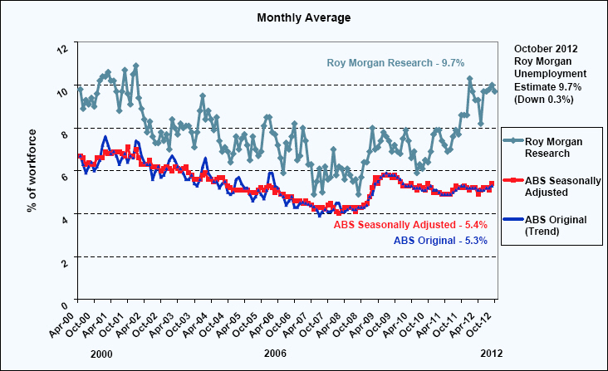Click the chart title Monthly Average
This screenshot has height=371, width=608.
[303, 17]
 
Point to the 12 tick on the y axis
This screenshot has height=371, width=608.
[61, 48]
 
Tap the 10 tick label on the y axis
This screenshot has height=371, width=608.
[61, 91]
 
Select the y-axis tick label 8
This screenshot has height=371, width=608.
[65, 133]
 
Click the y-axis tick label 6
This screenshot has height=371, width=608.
[65, 175]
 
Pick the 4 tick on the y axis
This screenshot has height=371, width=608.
[65, 217]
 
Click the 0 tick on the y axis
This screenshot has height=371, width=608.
[65, 300]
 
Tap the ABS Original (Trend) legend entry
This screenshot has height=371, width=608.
[557, 225]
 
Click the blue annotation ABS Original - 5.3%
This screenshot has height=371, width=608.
[439, 241]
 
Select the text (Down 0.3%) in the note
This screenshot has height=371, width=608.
[542, 100]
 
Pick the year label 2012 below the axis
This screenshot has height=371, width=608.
[491, 353]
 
